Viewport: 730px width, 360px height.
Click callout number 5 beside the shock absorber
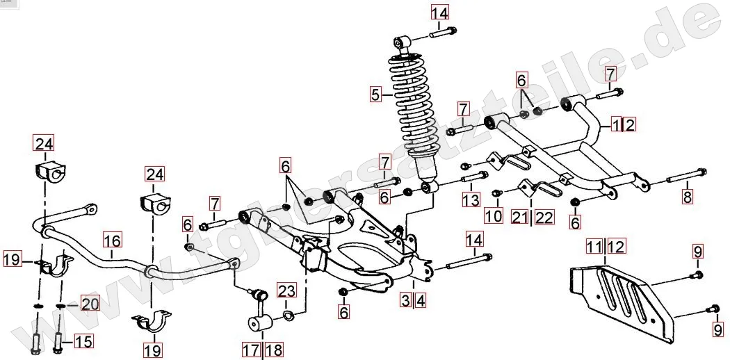tap(375, 94)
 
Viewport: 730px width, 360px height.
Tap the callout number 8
tap(688, 196)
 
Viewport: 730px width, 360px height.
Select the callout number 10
tap(493, 216)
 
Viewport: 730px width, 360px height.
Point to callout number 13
tap(471, 201)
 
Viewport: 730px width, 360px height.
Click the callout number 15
tap(83, 341)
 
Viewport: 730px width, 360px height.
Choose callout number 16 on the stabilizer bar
tap(112, 241)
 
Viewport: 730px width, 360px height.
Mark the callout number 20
tap(90, 303)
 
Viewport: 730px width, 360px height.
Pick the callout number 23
tap(286, 290)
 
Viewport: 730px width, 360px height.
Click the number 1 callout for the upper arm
tap(616, 125)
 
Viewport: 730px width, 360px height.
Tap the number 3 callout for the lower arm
tap(405, 300)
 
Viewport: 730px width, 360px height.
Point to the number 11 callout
tap(593, 246)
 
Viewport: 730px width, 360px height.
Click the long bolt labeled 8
tap(687, 175)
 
